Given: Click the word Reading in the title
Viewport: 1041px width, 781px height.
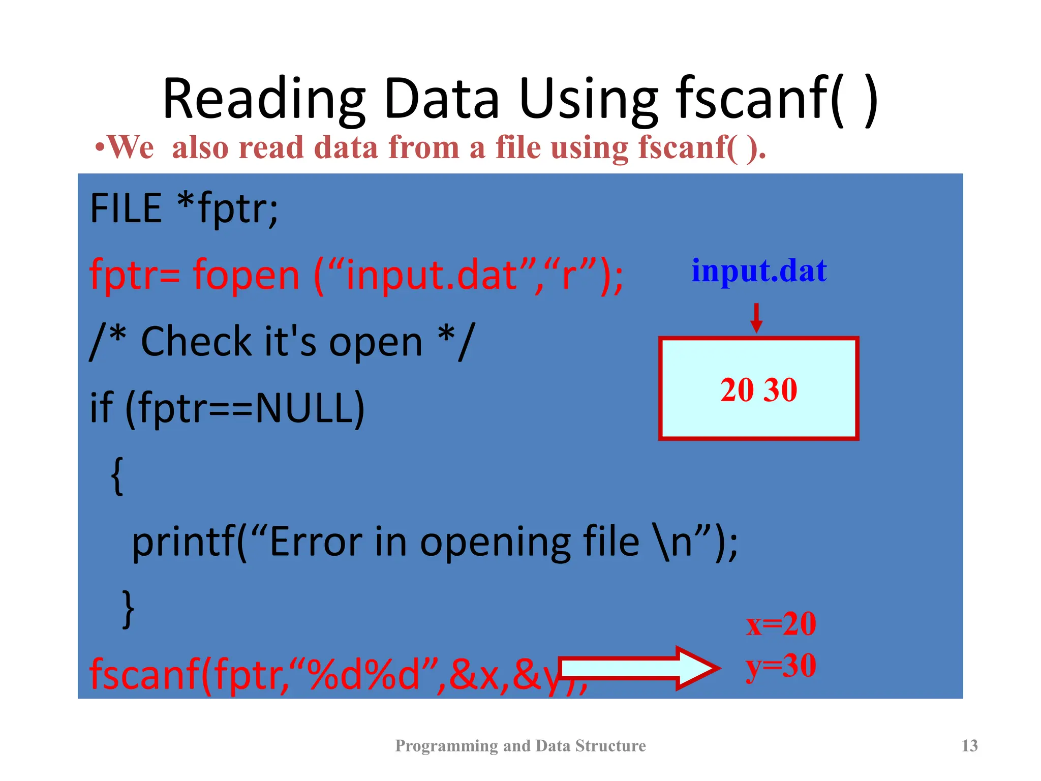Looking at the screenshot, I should pos(264,99).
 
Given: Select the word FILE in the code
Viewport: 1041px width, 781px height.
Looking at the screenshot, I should pos(126,208).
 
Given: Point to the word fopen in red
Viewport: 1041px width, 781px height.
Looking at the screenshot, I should pos(247,275).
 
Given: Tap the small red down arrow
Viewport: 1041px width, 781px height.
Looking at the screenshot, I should pos(756,318).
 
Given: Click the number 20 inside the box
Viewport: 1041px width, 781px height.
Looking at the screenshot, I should pos(737,390).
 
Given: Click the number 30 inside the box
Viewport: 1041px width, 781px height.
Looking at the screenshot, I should pos(781,390).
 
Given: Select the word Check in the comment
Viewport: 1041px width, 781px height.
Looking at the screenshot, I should pos(196,342).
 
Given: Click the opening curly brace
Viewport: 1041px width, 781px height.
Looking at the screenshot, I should pos(117,475).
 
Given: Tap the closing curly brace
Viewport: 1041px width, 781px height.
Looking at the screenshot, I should pos(129,609).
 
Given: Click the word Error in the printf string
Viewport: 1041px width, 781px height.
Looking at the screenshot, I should pos(315,542).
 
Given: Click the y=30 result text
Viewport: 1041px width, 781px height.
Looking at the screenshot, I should pos(781,666).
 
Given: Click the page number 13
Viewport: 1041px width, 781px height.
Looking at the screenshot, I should pos(969,745).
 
